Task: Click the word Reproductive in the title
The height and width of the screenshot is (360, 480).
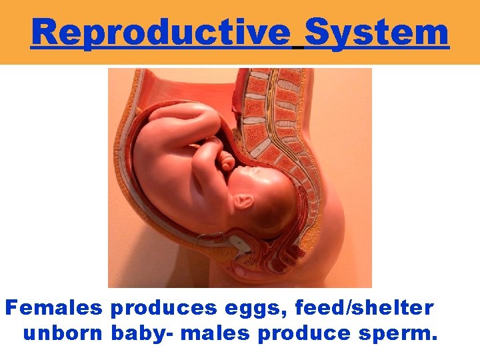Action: pyautogui.click(x=161, y=31)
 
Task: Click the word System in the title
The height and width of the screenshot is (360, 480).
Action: pyautogui.click(x=376, y=31)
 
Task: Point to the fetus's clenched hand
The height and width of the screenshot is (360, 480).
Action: pyautogui.click(x=227, y=161)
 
